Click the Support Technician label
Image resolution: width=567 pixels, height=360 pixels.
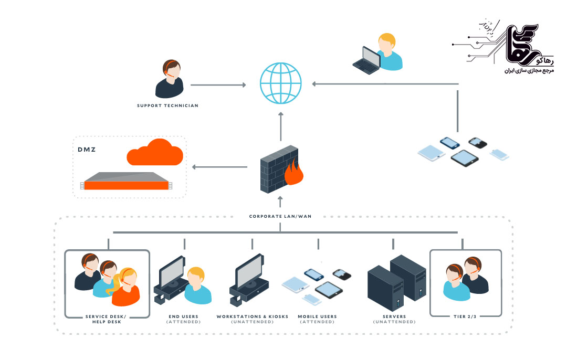[167, 106]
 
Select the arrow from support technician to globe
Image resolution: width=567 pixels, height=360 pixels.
[218, 84]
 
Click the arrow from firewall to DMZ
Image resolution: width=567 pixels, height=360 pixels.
[219, 167]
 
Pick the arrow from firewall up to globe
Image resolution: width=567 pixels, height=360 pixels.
[281, 126]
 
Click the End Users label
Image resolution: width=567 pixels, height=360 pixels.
[183, 316]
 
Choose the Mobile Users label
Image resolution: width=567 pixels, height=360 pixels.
[317, 316]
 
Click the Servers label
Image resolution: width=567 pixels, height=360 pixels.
[394, 316]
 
